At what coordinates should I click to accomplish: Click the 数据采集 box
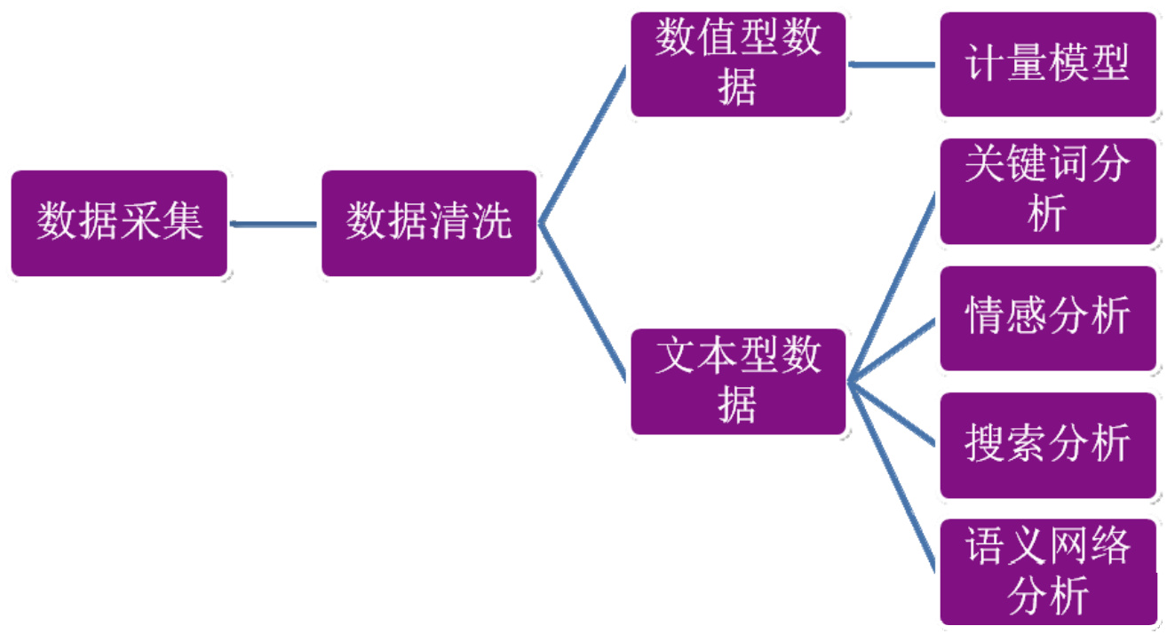pos(119,223)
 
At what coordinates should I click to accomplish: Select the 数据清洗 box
pos(429,223)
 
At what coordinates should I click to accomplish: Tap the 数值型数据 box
pos(738,64)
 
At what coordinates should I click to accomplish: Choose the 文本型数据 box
pos(738,382)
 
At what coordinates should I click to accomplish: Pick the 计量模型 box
pos(1048,64)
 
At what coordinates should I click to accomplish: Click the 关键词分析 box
pos(1048,191)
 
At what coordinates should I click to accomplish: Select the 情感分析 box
pos(1048,318)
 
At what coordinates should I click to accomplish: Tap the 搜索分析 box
pos(1048,445)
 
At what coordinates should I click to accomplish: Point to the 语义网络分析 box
pos(1048,572)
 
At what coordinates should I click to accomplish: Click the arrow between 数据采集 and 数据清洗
pos(274,224)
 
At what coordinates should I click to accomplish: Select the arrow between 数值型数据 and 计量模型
pos(893,65)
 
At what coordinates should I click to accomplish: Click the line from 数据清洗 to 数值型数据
pos(583,147)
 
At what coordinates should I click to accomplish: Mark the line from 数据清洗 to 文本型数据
pos(583,302)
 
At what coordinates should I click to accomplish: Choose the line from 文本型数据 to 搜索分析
pos(893,414)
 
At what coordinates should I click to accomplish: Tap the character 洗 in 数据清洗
pos(493,221)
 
